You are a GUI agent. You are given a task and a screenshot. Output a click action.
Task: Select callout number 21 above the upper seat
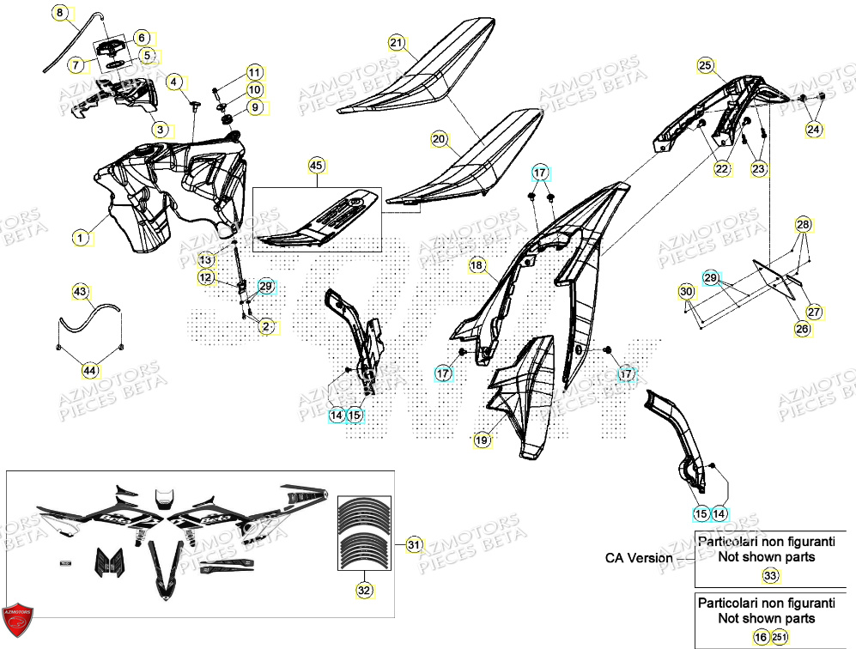coord(396,43)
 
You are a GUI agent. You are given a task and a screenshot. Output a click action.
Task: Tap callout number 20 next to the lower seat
coord(439,138)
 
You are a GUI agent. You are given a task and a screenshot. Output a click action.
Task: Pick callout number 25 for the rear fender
coord(705,65)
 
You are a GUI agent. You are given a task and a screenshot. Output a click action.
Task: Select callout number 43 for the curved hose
coord(80,293)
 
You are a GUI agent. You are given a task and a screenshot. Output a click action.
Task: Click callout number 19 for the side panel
coord(482,440)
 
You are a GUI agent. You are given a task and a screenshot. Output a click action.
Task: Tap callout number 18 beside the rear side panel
coord(477,267)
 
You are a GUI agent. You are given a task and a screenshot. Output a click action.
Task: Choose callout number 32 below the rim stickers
coord(363,590)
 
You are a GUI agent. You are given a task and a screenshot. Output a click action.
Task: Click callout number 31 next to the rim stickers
coord(415,544)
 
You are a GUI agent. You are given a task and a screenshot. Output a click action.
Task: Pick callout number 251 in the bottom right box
coord(780,637)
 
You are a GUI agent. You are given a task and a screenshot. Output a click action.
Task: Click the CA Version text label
coord(639,558)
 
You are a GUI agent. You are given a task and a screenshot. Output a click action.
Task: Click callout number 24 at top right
coord(813,129)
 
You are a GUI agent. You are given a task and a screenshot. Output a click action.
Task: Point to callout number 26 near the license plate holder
coord(802,329)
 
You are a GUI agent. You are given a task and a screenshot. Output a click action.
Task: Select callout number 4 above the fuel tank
coord(174,83)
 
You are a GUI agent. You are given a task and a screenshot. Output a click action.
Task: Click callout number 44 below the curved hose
coord(90,370)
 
